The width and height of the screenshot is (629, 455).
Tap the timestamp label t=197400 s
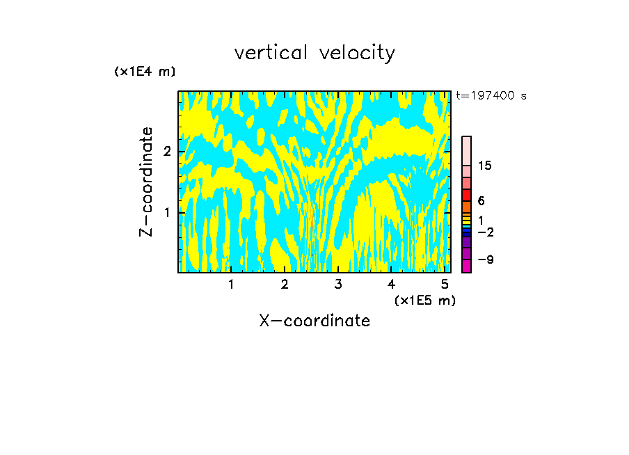491,96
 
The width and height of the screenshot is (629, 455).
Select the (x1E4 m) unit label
145,72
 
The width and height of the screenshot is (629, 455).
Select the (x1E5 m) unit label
424,300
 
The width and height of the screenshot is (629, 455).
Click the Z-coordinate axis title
146,182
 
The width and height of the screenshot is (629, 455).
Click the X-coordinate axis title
314,321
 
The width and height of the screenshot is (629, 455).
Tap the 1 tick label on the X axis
231,285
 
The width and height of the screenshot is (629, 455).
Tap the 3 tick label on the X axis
337,285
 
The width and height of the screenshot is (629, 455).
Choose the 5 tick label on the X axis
444,285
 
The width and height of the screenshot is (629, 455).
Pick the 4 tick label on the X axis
391,285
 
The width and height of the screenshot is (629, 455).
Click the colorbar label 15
485,166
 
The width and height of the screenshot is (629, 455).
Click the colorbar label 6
481,201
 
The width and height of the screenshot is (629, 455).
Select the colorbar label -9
486,260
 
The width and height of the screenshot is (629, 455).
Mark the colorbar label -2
486,232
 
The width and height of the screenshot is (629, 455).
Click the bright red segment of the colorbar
466,195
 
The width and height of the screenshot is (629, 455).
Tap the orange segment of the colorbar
466,207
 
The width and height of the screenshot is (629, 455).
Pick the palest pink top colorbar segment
466,150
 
